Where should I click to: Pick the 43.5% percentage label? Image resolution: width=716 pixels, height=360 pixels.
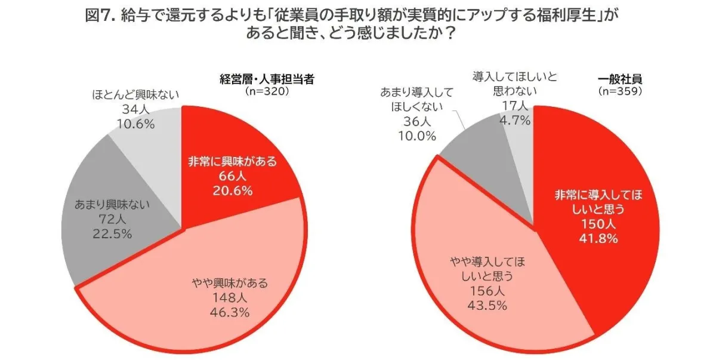coord(483,306)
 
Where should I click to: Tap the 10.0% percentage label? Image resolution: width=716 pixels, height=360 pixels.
coord(415,135)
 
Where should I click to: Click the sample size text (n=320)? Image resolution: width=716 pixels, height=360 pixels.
coord(267,91)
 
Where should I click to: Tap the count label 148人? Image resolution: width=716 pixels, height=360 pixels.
coord(230,297)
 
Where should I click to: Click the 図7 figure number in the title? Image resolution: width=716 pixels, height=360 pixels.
coord(98,16)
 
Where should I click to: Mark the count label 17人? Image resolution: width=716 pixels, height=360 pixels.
coord(514,106)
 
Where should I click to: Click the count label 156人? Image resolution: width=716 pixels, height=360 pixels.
coord(483,291)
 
